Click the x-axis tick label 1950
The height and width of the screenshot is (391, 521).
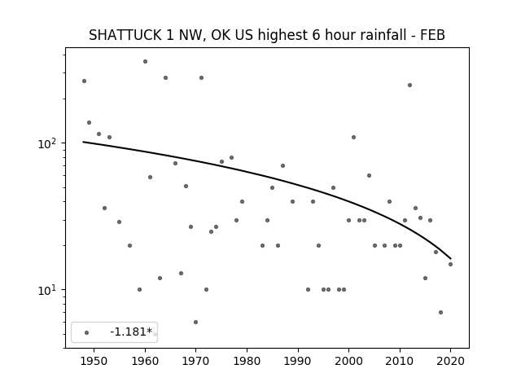pos(94,361)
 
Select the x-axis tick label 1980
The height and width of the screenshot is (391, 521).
pos(247,361)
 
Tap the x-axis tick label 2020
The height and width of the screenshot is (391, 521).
pos(450,361)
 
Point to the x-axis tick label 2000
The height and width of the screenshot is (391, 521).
pos(348,361)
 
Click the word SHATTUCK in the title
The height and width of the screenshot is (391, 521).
pos(125,35)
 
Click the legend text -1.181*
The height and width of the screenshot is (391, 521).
pos(131,332)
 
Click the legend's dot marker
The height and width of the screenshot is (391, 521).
pos(87,332)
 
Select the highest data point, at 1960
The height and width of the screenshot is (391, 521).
pos(145,62)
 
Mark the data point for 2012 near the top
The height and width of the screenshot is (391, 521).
pos(409,85)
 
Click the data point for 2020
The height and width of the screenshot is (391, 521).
pos(450,264)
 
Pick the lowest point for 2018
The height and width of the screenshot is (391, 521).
pos(440,312)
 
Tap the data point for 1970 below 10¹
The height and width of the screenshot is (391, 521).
pos(195,323)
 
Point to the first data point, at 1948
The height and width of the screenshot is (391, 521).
pos(84,81)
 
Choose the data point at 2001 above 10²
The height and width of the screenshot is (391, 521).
pos(353,138)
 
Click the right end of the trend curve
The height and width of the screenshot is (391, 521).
pos(450,259)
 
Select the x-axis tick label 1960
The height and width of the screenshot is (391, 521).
pos(145,361)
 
